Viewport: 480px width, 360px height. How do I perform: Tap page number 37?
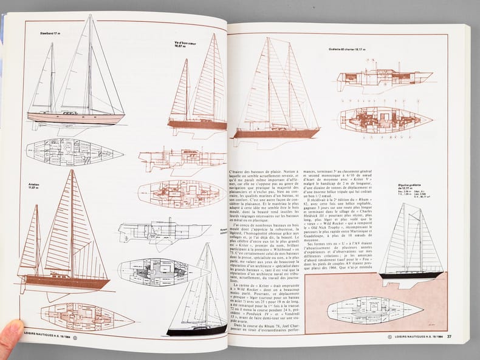(449, 336)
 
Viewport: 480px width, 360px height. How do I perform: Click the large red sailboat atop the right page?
(276, 91)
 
